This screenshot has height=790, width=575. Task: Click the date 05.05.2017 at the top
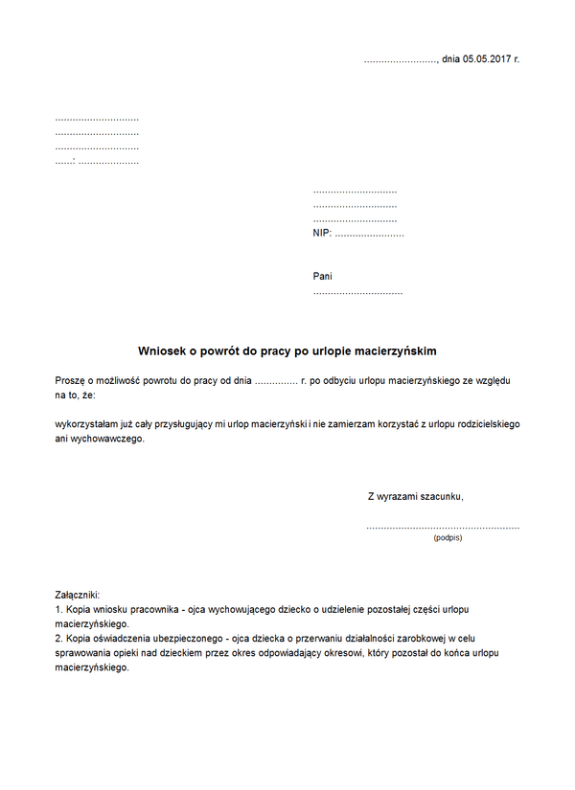pyautogui.click(x=487, y=59)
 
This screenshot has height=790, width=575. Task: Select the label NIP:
pyautogui.click(x=322, y=233)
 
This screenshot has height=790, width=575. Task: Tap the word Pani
pyautogui.click(x=323, y=276)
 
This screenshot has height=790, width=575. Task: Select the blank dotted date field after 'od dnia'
pyautogui.click(x=276, y=381)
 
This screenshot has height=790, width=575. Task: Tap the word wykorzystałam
pyautogui.click(x=88, y=423)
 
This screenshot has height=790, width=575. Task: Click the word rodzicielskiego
pyautogui.click(x=484, y=423)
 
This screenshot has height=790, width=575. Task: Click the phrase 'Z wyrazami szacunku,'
pyautogui.click(x=416, y=496)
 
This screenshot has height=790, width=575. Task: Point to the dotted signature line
pyautogui.click(x=443, y=527)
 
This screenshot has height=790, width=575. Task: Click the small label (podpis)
pyautogui.click(x=447, y=538)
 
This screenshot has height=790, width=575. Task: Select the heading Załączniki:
pyautogui.click(x=78, y=595)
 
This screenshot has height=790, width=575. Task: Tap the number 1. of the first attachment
pyautogui.click(x=59, y=609)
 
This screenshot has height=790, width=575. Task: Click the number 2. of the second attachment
pyautogui.click(x=59, y=638)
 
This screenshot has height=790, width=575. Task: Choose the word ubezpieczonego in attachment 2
pyautogui.click(x=184, y=638)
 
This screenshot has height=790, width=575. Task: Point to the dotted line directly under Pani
pyautogui.click(x=357, y=291)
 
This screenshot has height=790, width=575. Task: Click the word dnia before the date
pyautogui.click(x=450, y=59)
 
